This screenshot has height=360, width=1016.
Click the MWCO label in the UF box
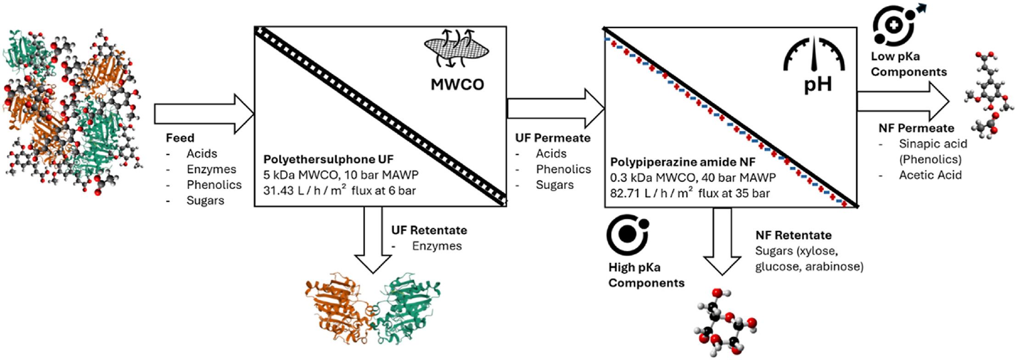pos(457,84)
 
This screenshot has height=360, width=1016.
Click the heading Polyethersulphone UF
pos(328,159)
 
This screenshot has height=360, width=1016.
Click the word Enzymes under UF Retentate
pos(437,246)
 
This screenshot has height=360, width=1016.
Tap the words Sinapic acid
pos(932,144)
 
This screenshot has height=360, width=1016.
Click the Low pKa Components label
pos(908,64)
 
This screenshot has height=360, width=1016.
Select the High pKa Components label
pos(646,275)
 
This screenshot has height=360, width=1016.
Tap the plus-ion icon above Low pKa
pos(894,25)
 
